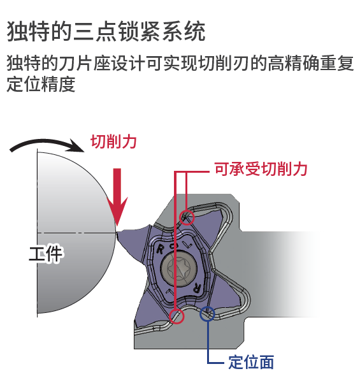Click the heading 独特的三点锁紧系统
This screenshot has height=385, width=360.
pos(106,31)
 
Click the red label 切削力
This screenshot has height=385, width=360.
pos(113,142)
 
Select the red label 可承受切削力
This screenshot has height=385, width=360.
pos(261,169)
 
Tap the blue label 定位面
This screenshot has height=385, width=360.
pos(251,362)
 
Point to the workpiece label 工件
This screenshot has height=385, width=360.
pos(46,253)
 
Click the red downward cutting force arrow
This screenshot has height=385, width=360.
pos(117,197)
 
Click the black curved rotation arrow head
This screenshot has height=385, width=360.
pos(76,146)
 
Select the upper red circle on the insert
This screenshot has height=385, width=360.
pos(187,217)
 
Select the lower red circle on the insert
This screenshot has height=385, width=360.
pos(176,316)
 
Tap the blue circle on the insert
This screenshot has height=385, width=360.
pos(207,314)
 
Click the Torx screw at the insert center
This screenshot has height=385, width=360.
pos(179,268)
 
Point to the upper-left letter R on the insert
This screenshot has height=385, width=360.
pos(160,249)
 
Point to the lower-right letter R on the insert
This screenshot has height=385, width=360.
pos(198,287)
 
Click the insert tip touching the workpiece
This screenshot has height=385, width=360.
pos(117,232)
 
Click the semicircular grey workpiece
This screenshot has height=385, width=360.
pos(76,233)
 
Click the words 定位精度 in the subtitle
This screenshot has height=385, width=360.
pos(41,84)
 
